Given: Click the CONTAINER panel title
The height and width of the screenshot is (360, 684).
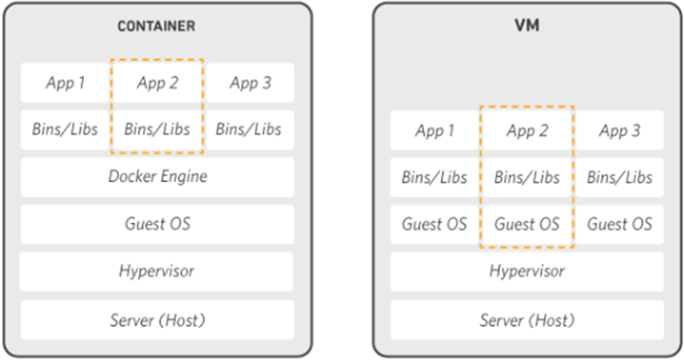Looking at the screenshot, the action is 157,26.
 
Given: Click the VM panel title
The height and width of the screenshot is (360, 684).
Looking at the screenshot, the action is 527,25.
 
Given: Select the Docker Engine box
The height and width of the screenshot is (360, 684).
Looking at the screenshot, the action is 158,177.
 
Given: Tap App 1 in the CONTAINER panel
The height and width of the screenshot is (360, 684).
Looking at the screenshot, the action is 64,83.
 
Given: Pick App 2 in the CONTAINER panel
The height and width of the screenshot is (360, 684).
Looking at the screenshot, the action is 158,83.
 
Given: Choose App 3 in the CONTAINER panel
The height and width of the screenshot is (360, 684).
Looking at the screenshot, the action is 250,83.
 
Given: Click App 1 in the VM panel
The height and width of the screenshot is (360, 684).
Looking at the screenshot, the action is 435,130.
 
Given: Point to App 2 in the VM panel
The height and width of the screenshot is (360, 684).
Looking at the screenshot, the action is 527,130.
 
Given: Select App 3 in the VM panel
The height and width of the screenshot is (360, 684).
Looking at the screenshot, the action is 620,130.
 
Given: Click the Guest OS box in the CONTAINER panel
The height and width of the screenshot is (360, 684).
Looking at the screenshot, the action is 158,225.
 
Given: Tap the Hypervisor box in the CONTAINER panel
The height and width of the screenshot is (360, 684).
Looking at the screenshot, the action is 157,271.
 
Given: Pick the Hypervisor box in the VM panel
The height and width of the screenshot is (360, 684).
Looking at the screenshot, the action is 527,271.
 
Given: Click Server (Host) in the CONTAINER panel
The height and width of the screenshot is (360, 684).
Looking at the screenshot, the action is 158,320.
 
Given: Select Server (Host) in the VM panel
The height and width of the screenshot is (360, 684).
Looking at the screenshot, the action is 527,320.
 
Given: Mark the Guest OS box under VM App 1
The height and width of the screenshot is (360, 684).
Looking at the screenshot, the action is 435,225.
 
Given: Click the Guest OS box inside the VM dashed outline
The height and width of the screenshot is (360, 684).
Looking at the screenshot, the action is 527,225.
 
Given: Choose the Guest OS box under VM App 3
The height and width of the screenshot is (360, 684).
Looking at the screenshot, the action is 620,225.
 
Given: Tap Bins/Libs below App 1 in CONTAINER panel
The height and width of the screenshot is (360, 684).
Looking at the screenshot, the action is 64,129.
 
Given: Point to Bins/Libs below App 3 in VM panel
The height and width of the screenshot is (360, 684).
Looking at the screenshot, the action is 620,177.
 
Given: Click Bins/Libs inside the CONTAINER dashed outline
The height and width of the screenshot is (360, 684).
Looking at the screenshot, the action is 158,129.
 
